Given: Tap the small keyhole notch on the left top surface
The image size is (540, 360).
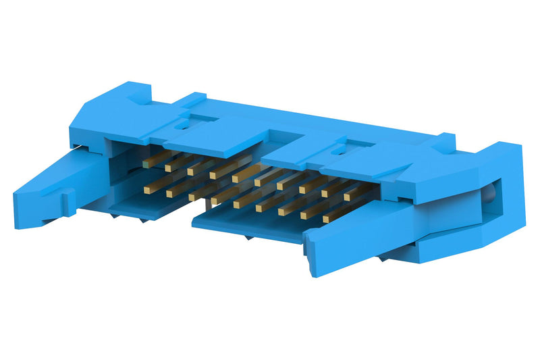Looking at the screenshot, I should [x=181, y=124].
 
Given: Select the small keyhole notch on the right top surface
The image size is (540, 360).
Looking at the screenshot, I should [x=346, y=144].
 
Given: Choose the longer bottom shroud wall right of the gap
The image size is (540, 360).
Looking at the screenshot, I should [x=250, y=226].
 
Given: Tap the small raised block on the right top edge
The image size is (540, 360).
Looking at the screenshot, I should [x=443, y=141].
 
